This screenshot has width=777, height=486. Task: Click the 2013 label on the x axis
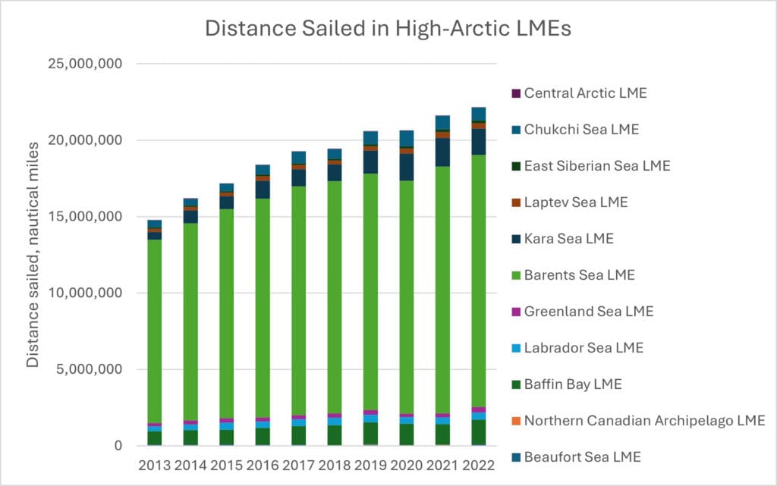pyautogui.click(x=154, y=464)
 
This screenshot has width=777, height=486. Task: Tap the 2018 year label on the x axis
pyautogui.click(x=334, y=464)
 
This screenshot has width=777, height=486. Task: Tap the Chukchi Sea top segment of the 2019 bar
pyautogui.click(x=370, y=137)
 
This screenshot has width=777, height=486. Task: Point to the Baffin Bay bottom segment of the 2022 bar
pyautogui.click(x=478, y=432)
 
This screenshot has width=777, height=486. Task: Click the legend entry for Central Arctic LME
pyautogui.click(x=585, y=94)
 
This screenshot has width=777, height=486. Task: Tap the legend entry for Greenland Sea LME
pyautogui.click(x=588, y=312)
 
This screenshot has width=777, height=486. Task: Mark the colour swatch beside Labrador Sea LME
pyautogui.click(x=516, y=348)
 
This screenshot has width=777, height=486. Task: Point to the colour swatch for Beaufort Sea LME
pyautogui.click(x=516, y=456)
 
